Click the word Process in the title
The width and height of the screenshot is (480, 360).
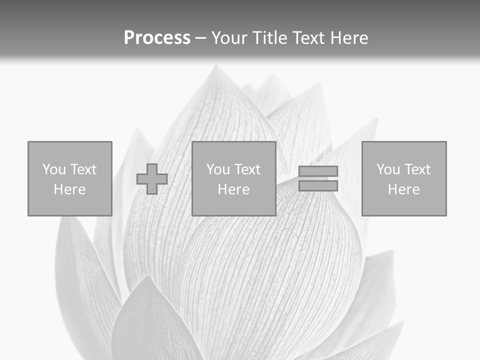[x=157, y=38]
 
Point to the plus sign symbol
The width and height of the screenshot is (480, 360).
[x=152, y=179]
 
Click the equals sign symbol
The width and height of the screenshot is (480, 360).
[x=318, y=178]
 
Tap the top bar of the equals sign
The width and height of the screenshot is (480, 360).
[x=318, y=171]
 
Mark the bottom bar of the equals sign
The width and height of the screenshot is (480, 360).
[x=318, y=185]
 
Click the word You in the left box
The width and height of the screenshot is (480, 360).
[x=53, y=169]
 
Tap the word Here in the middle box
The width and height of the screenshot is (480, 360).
[x=234, y=189]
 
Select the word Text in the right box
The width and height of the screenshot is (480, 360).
[x=417, y=169]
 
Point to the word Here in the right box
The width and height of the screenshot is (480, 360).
[x=404, y=189]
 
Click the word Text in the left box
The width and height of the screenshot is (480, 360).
[x=83, y=169]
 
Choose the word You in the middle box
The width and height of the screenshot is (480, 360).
[x=217, y=169]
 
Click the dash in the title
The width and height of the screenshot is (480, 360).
[x=200, y=38]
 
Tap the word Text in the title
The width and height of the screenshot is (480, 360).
[x=306, y=38]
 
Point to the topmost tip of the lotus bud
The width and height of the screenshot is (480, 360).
[x=216, y=65]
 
